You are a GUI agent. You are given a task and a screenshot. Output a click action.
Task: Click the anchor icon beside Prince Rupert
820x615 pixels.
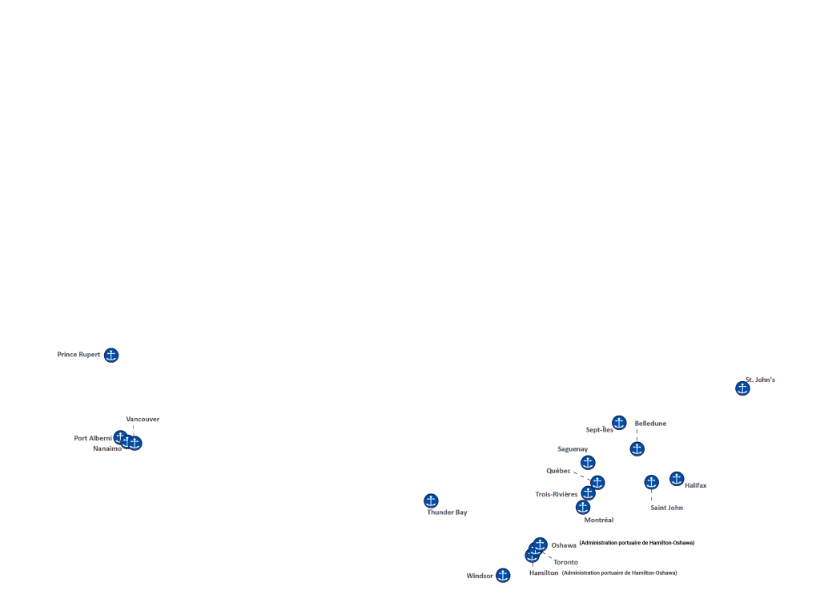coord(111,355)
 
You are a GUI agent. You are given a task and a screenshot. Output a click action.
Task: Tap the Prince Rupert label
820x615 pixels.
coord(79,354)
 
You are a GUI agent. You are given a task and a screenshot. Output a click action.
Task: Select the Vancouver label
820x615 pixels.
coord(143,419)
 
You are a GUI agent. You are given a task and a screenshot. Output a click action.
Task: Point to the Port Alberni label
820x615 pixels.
coord(93,438)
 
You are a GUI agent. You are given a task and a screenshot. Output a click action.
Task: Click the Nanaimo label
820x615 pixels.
coord(107,448)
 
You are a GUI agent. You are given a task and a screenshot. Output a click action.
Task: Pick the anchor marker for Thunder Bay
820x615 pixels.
coord(431,500)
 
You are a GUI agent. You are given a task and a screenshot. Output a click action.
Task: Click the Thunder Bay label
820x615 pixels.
coord(447,512)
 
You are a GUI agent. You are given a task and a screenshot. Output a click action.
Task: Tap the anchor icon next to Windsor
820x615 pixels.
coord(503,575)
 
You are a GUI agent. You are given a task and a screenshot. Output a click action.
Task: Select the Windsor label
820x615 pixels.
coord(480,576)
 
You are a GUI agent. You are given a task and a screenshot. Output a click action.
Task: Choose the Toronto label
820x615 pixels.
coord(565,562)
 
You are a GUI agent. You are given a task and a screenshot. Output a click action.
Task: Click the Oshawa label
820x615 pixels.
coord(564,545)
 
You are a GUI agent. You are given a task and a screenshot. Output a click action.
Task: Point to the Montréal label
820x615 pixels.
coord(599,520)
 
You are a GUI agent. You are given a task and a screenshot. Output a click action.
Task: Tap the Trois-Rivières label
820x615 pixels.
coord(557,494)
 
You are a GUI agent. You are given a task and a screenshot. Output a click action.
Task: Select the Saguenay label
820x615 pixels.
coord(573,449)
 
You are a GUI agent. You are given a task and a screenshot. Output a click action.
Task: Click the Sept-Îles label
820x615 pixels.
coord(599,430)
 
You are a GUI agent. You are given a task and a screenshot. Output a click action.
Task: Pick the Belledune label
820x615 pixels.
coord(650,423)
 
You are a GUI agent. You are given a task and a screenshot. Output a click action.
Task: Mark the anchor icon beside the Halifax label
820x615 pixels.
coord(677,479)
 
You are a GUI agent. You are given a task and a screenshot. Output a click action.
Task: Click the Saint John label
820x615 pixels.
coord(667,507)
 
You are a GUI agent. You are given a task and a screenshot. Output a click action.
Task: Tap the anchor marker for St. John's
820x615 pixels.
coord(742,388)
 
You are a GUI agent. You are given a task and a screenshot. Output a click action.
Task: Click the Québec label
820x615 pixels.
coord(559,471)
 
